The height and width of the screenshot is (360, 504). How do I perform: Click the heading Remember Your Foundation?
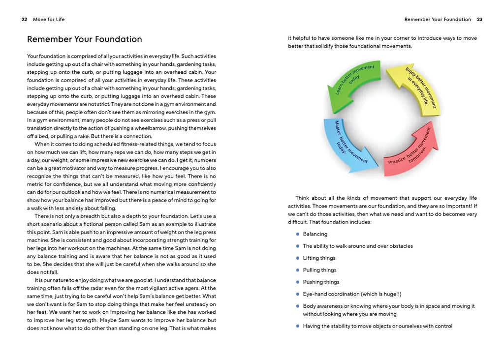[x=84, y=39]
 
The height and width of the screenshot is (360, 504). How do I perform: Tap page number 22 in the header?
[x=24, y=20]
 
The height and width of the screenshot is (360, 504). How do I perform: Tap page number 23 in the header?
[x=479, y=20]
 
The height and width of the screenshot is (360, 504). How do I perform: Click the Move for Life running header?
[x=49, y=20]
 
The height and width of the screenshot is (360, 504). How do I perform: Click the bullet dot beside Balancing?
[x=298, y=234]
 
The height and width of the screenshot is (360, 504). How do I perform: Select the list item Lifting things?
[x=319, y=258]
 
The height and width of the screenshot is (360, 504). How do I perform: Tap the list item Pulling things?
[x=319, y=270]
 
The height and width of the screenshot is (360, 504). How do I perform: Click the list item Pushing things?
[x=321, y=282]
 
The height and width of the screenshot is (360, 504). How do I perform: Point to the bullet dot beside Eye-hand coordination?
[x=298, y=294]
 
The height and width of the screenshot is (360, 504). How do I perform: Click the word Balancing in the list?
[x=315, y=234]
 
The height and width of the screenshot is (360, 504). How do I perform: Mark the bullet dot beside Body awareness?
[x=298, y=306]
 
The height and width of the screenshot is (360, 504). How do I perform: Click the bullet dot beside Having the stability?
[x=298, y=326]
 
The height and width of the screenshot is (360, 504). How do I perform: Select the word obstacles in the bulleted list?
[x=400, y=246]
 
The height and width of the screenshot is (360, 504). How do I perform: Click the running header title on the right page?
[x=438, y=20]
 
